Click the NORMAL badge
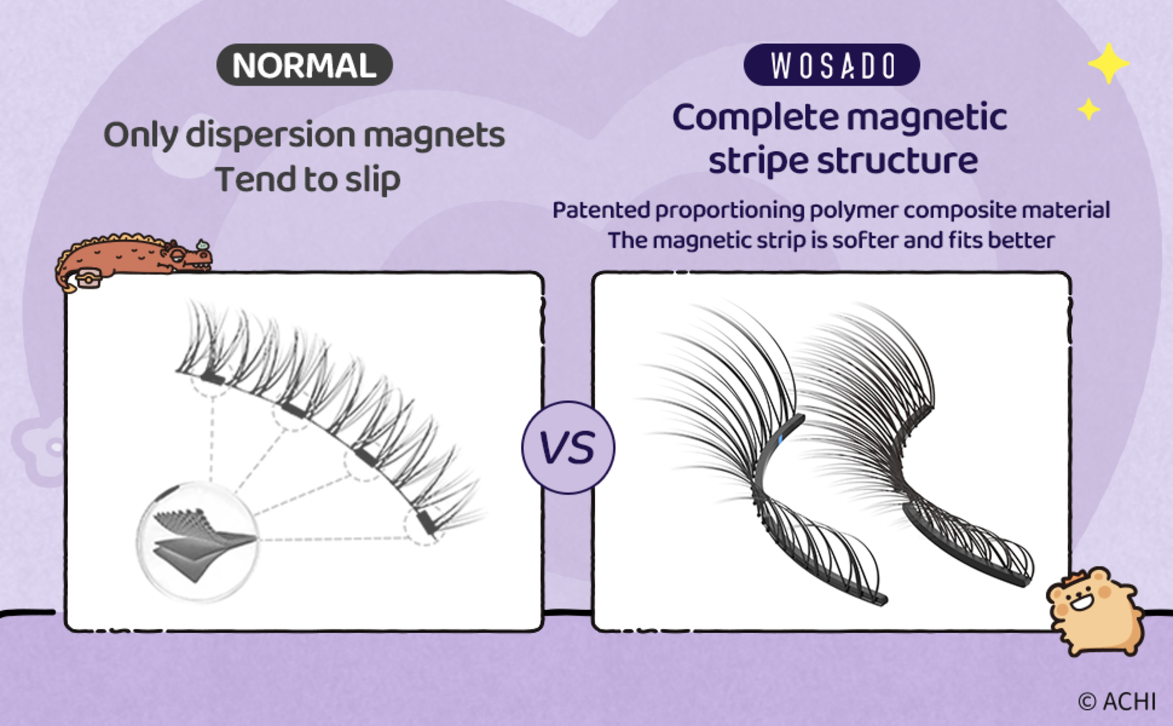click(x=304, y=65)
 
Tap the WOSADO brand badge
click(x=832, y=65)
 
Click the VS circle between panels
click(x=568, y=448)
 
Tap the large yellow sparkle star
click(x=1108, y=64)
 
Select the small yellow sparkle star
click(x=1088, y=109)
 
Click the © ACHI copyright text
click(x=1117, y=701)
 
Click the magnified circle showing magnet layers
click(x=198, y=541)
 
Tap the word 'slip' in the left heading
click(x=372, y=179)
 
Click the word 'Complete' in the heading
click(x=754, y=118)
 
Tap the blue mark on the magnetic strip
click(x=780, y=440)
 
